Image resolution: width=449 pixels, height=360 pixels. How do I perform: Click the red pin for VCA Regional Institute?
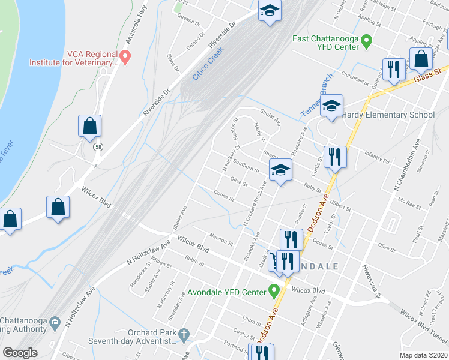125,58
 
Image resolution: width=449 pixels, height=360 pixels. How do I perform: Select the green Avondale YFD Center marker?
274,292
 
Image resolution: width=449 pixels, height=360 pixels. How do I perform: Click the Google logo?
20,352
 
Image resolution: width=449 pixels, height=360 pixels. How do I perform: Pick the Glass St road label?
427,74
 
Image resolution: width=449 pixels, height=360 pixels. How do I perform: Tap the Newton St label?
221,239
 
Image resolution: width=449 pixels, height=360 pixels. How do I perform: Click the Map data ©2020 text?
423,355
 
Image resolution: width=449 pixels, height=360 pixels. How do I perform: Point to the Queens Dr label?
189,19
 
